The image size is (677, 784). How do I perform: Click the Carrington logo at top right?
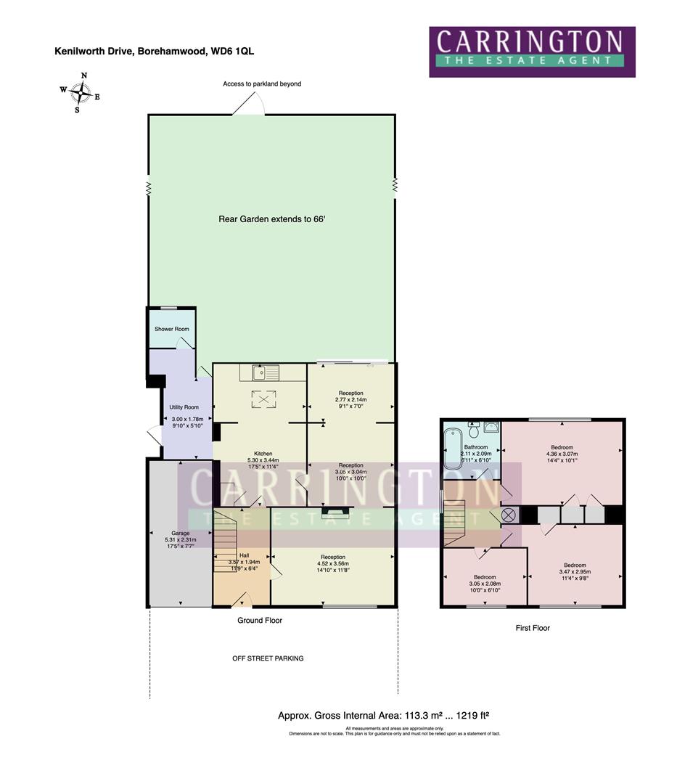pyautogui.click(x=532, y=52)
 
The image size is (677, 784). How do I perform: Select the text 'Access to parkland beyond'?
pyautogui.click(x=262, y=84)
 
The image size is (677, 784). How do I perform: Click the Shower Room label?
pyautogui.click(x=171, y=329)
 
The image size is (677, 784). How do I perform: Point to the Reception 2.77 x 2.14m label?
pyautogui.click(x=350, y=393)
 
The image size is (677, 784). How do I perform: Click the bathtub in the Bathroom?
pyautogui.click(x=451, y=450)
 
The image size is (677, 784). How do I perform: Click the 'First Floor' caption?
pyautogui.click(x=533, y=628)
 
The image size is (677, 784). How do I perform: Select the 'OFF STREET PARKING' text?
pyautogui.click(x=268, y=658)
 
